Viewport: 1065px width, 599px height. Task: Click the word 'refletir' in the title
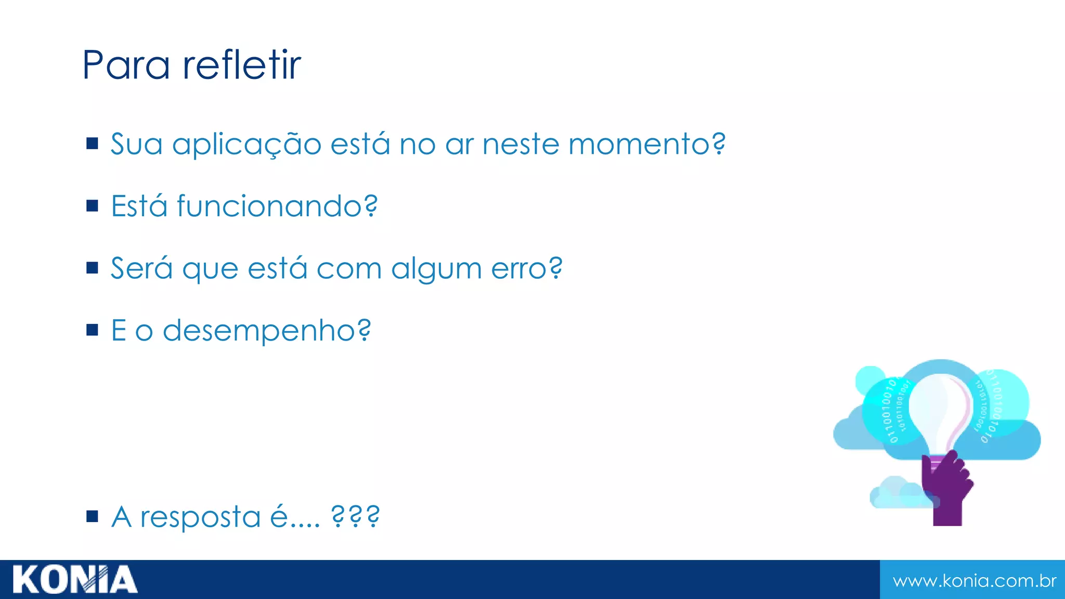(242, 65)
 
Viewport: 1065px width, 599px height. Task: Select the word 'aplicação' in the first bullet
(246, 145)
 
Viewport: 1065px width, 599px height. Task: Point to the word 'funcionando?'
(277, 206)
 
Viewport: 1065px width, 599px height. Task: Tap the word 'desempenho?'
(267, 331)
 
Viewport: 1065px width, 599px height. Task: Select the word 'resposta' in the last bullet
(200, 517)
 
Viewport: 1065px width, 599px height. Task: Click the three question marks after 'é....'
(356, 516)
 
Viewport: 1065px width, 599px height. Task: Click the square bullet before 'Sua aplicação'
(93, 144)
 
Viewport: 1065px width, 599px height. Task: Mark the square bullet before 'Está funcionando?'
(93, 206)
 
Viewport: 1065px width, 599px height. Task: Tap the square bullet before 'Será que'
(93, 268)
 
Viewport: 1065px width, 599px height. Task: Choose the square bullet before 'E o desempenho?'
(93, 330)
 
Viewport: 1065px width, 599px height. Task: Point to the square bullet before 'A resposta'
(93, 516)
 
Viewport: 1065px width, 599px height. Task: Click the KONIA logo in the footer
(75, 580)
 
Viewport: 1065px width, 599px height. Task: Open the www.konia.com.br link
(974, 580)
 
